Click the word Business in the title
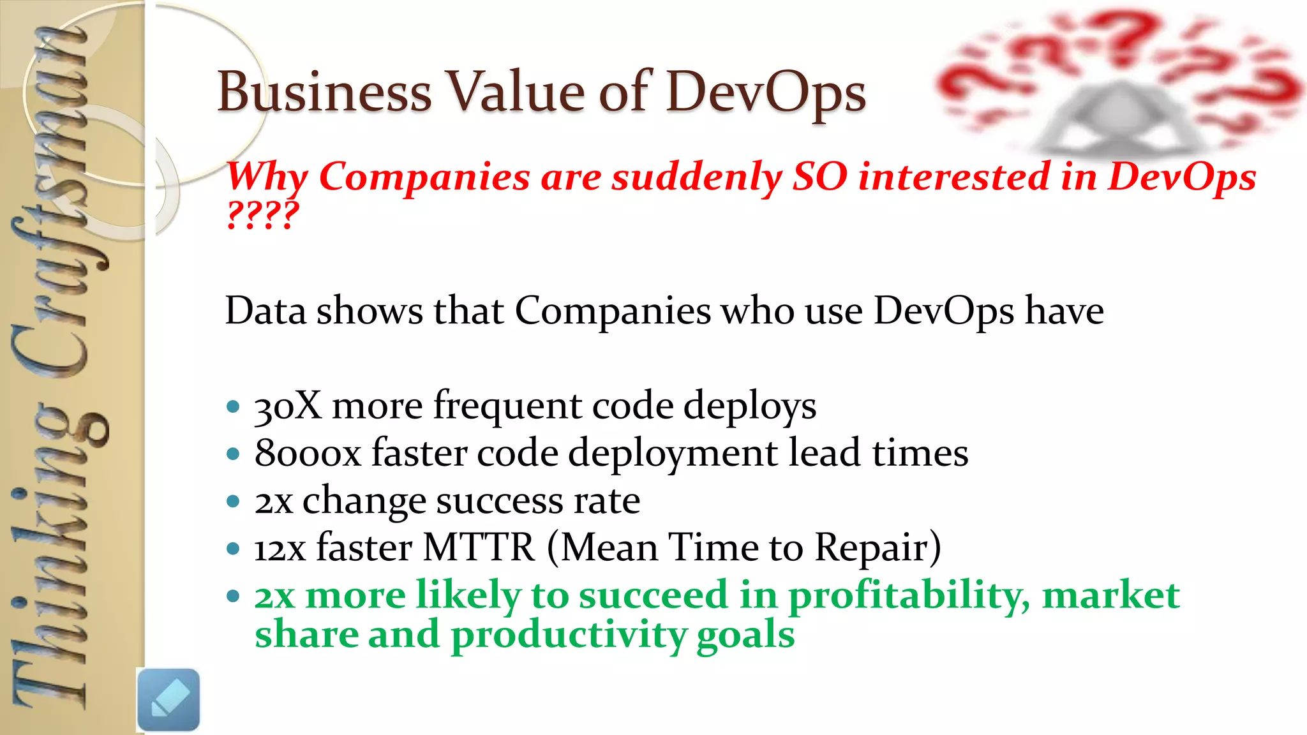(x=324, y=93)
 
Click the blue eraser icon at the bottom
(x=168, y=699)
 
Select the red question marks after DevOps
(x=262, y=215)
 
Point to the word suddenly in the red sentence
(x=696, y=177)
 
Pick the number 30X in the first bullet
(x=288, y=406)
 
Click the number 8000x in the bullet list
(x=308, y=453)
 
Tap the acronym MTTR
(x=479, y=547)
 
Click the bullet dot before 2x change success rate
(x=233, y=501)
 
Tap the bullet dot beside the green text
(x=233, y=597)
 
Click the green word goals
(x=745, y=635)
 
